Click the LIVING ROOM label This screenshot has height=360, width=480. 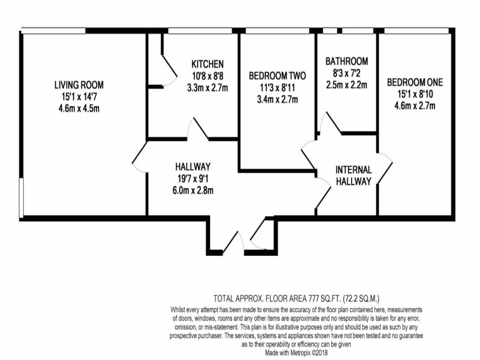(x=79, y=85)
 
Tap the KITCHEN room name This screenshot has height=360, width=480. (x=207, y=64)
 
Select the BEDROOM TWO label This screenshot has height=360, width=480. (x=277, y=76)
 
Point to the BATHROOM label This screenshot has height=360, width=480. (x=346, y=61)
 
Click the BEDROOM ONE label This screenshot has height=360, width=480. (x=415, y=82)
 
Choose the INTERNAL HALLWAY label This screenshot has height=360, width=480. (x=353, y=175)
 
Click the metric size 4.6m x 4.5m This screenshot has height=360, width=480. (x=79, y=109)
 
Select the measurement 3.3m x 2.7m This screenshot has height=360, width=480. (x=207, y=88)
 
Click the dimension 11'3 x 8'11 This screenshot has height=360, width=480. (x=277, y=88)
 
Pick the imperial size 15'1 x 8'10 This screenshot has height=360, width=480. (x=415, y=94)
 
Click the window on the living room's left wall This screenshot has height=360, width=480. (x=21, y=197)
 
